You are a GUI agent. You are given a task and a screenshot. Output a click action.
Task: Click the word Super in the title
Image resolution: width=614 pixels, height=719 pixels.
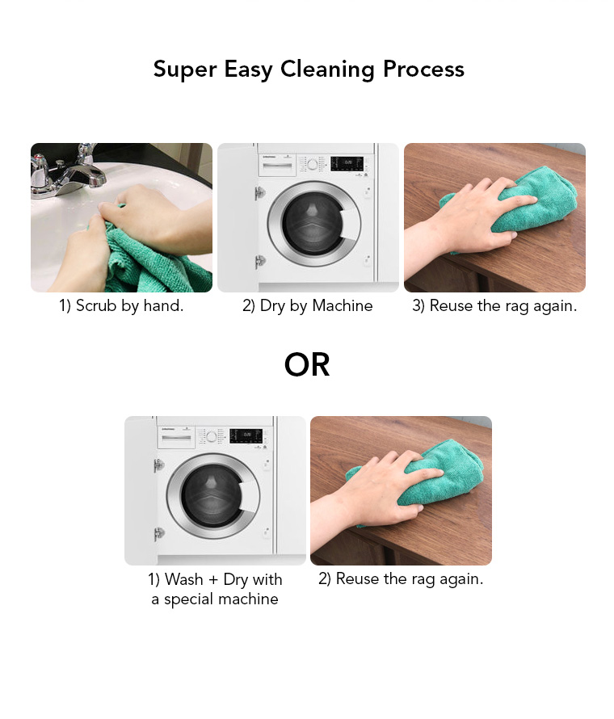click(x=185, y=69)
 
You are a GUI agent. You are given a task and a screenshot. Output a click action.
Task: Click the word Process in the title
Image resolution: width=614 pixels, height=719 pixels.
click(x=423, y=69)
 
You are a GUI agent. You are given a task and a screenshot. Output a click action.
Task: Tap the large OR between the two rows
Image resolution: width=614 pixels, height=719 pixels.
click(x=307, y=364)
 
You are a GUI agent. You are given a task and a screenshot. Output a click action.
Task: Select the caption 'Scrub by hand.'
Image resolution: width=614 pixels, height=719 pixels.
click(x=130, y=306)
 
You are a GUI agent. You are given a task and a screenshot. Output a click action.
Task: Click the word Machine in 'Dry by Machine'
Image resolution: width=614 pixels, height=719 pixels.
click(x=342, y=306)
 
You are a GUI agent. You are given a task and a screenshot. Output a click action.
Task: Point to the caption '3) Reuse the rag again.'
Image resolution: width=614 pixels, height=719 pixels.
click(x=494, y=306)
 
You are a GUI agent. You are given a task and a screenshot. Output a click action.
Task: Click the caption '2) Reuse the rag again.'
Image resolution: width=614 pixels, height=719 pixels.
click(x=401, y=578)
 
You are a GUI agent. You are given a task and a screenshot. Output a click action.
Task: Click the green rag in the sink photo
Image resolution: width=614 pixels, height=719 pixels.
click(x=151, y=262)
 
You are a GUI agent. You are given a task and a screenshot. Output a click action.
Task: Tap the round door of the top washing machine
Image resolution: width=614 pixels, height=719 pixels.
click(x=314, y=224)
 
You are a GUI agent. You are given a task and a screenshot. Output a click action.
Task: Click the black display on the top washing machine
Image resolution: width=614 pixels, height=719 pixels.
click(x=347, y=163)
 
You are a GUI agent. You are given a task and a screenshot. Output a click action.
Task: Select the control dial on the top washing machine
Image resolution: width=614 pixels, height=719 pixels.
click(x=313, y=164)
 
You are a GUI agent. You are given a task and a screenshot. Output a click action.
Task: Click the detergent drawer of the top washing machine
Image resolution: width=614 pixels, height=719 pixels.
click(x=277, y=166)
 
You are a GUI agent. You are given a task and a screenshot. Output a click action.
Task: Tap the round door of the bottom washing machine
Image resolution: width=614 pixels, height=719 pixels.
click(x=213, y=497)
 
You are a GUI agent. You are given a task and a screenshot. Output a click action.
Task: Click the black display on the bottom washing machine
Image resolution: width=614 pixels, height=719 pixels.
click(x=246, y=435)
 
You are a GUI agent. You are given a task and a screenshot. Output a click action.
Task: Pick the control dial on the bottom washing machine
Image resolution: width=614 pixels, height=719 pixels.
click(x=212, y=436)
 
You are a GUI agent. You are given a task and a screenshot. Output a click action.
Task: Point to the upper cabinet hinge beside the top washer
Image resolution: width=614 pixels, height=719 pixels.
click(x=260, y=192)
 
